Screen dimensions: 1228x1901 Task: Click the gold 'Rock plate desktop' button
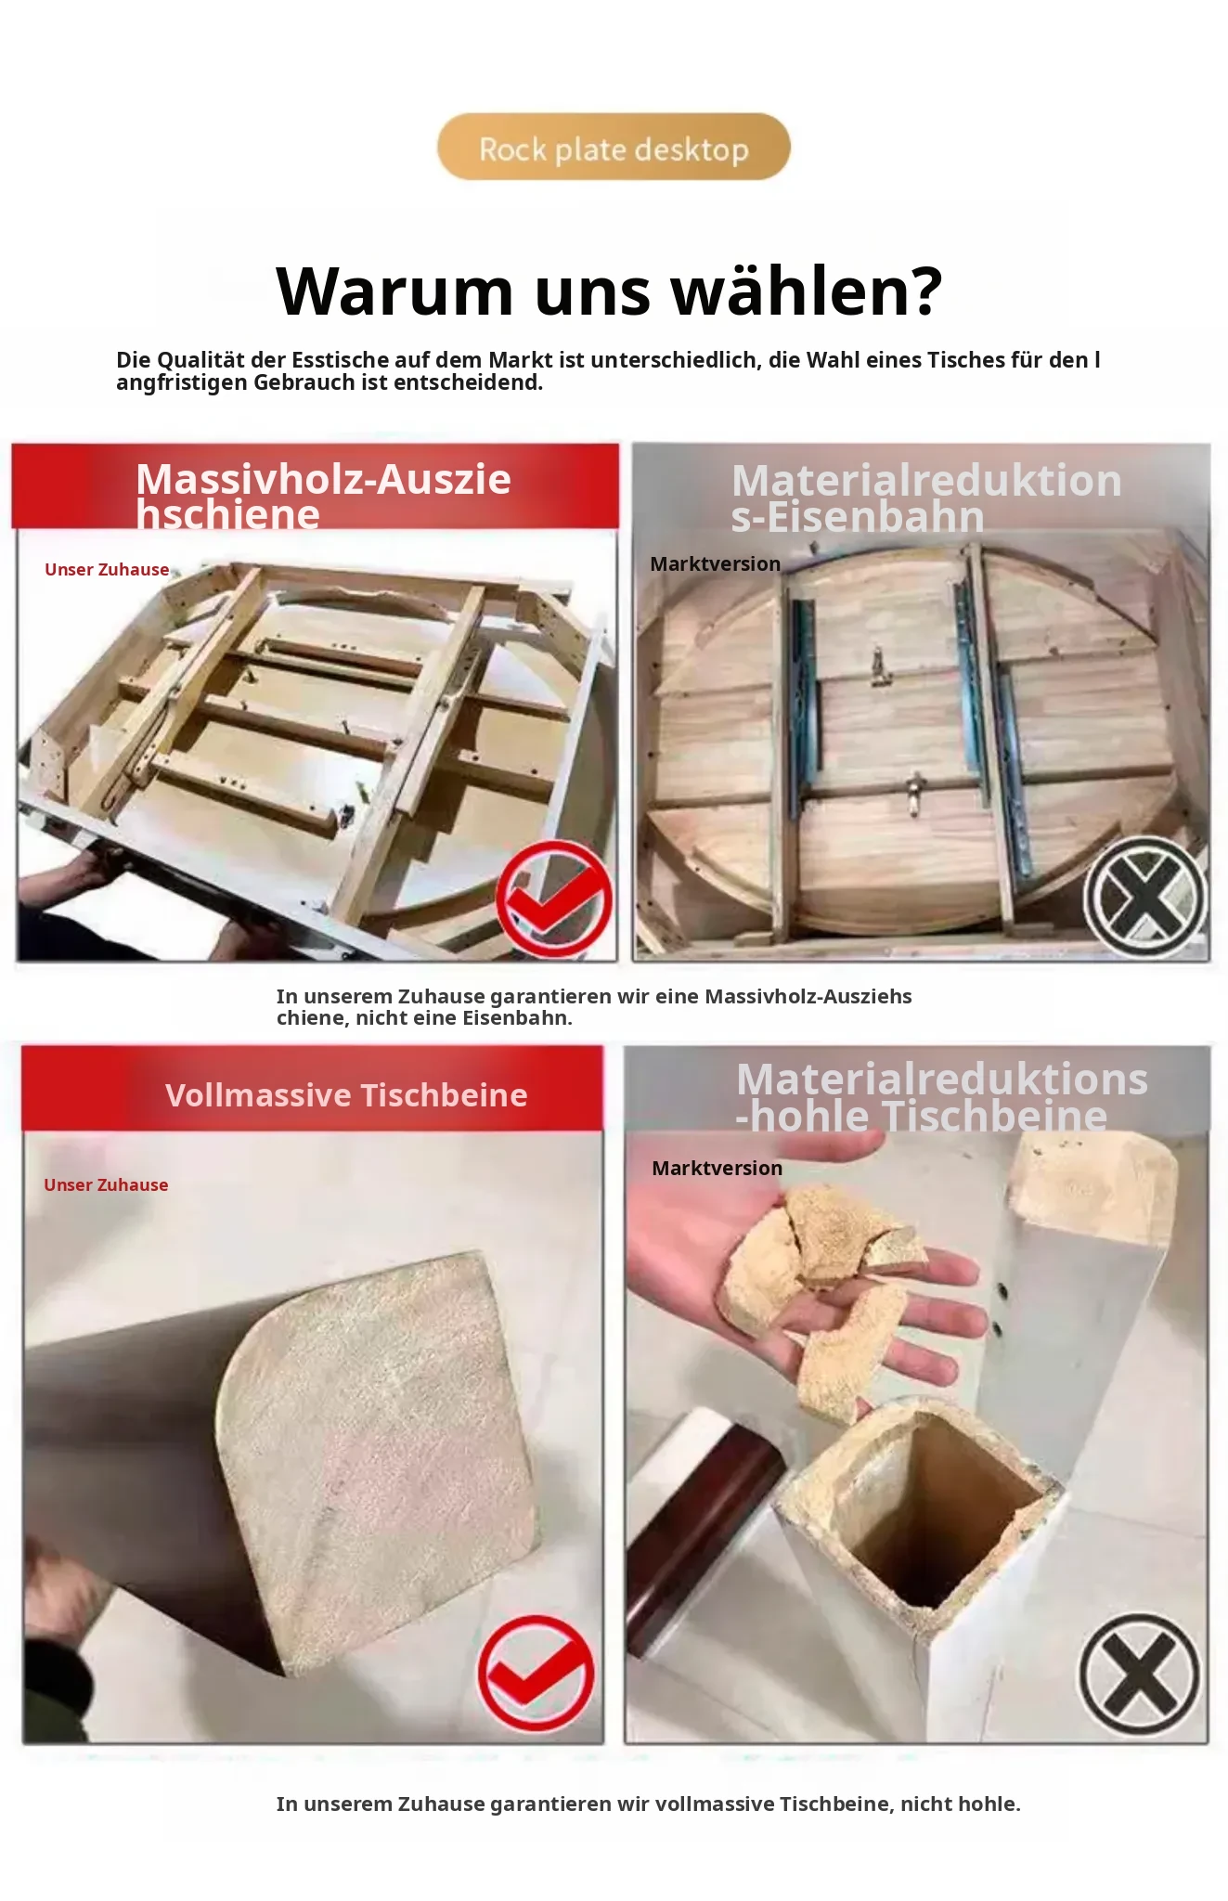coord(614,148)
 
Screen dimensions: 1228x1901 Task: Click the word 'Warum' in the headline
coord(394,291)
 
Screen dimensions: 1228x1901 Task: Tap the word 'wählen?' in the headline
coord(807,291)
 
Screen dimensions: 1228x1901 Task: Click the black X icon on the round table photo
coord(1144,898)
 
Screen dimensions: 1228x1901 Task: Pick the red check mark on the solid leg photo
coord(536,1673)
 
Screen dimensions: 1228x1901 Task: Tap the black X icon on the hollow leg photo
coord(1139,1675)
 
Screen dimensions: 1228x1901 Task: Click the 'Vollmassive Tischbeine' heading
coord(346,1095)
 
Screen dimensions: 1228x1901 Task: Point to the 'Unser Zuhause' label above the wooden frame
coord(107,570)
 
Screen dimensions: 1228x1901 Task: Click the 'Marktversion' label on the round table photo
coord(715,564)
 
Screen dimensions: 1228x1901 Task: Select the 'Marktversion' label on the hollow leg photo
coord(717,1169)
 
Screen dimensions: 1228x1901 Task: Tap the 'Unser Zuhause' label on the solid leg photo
coord(106,1185)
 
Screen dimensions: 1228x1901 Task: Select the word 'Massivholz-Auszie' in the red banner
coord(323,480)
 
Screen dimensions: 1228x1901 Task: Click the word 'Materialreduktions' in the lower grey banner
coord(942,1080)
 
